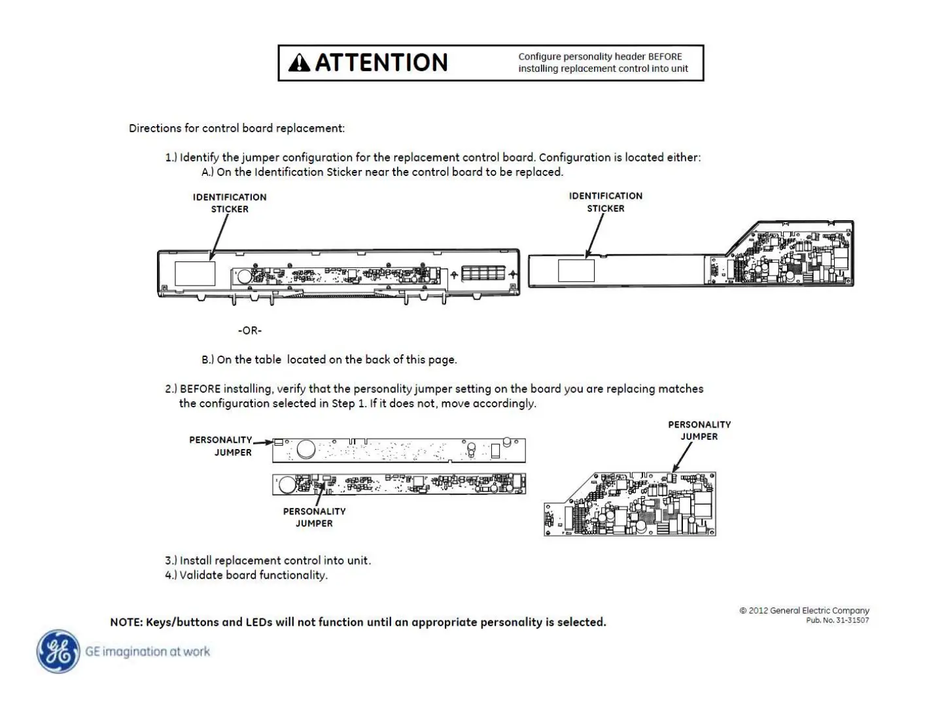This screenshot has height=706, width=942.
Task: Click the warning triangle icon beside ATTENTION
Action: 299,63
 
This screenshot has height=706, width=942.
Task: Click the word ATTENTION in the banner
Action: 381,63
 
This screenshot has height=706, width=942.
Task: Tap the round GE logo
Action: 59,651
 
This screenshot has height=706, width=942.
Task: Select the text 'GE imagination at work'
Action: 148,651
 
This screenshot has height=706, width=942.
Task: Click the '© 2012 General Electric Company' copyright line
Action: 804,611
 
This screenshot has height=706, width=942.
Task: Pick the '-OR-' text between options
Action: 250,331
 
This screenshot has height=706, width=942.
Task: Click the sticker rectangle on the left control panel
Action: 195,273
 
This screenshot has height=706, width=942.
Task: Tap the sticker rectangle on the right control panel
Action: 576,271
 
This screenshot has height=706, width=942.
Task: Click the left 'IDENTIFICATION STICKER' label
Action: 230,203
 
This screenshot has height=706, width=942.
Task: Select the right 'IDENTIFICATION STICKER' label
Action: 606,202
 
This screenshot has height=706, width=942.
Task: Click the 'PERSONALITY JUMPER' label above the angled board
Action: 699,430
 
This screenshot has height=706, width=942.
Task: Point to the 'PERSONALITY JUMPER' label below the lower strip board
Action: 314,517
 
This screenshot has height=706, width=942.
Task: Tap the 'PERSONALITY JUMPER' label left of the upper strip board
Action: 220,446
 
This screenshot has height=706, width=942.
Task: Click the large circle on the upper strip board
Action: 305,449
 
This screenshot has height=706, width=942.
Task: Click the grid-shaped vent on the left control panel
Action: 483,273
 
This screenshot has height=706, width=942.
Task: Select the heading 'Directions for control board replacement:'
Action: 237,128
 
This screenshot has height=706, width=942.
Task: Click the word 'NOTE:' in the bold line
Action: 126,622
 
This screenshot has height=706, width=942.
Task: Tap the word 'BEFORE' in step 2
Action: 200,389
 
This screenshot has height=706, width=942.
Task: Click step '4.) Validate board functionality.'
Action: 246,575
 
